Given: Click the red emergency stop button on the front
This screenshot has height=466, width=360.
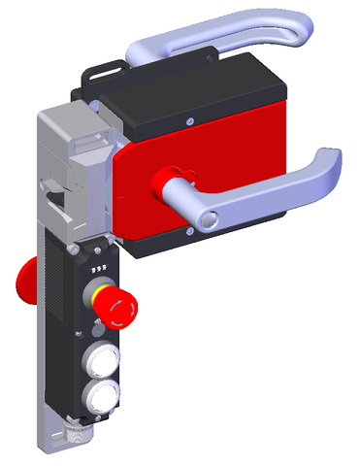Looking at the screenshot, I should pyautogui.click(x=119, y=308).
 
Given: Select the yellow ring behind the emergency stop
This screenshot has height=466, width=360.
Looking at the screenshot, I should pyautogui.click(x=100, y=296).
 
